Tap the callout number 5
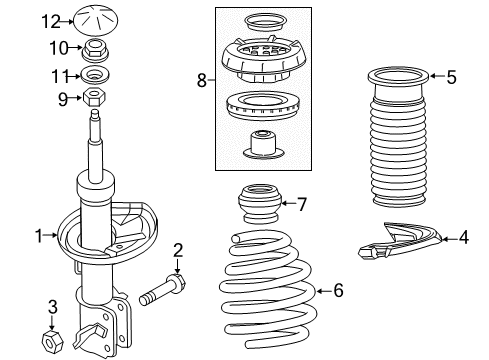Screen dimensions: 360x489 (451, 75)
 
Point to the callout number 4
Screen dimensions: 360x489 (464, 238)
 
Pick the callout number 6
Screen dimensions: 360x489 (338, 291)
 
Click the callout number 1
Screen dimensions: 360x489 (38, 236)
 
